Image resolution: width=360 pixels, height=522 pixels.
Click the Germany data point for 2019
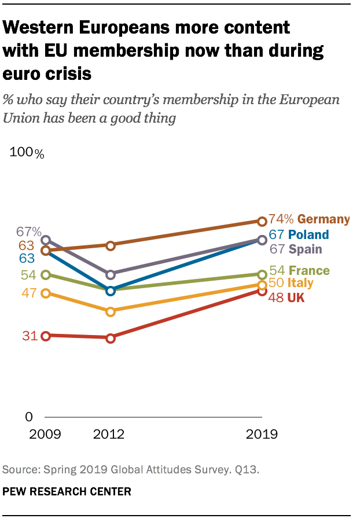pyautogui.click(x=262, y=221)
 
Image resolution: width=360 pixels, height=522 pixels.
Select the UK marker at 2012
pyautogui.click(x=111, y=338)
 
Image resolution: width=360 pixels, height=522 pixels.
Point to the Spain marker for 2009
pyautogui.click(x=46, y=240)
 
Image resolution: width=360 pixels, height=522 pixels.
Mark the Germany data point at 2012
pyautogui.click(x=111, y=245)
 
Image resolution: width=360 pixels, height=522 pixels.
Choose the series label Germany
pyautogui.click(x=324, y=219)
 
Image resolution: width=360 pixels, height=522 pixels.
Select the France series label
pyautogui.click(x=309, y=271)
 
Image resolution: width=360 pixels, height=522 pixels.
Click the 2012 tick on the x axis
pyautogui.click(x=109, y=435)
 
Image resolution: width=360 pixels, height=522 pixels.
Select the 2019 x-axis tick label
pyautogui.click(x=262, y=435)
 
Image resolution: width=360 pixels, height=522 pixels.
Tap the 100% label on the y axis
pyautogui.click(x=27, y=153)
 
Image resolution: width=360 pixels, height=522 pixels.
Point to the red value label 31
pyautogui.click(x=30, y=336)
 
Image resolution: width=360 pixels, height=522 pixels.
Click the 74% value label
pyautogui.click(x=282, y=219)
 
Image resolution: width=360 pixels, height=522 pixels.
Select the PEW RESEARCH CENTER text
pyautogui.click(x=67, y=491)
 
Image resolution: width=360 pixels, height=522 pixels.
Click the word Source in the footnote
pyautogui.click(x=19, y=470)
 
